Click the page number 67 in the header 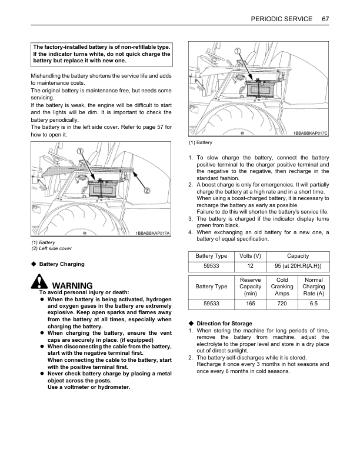[x=325, y=19]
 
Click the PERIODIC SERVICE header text [x=281, y=19]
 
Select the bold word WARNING [x=72, y=285]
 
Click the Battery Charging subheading [x=62, y=264]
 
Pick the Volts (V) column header [x=251, y=256]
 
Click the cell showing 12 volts [x=251, y=266]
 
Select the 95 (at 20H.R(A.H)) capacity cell [x=298, y=266]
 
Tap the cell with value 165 [x=251, y=304]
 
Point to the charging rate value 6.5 [x=314, y=304]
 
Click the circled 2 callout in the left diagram [x=148, y=190]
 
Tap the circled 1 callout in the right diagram [x=238, y=51]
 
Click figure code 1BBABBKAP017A [x=152, y=234]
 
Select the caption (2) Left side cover [x=52, y=248]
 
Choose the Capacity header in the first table [x=298, y=256]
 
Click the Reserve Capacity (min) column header [x=251, y=286]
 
